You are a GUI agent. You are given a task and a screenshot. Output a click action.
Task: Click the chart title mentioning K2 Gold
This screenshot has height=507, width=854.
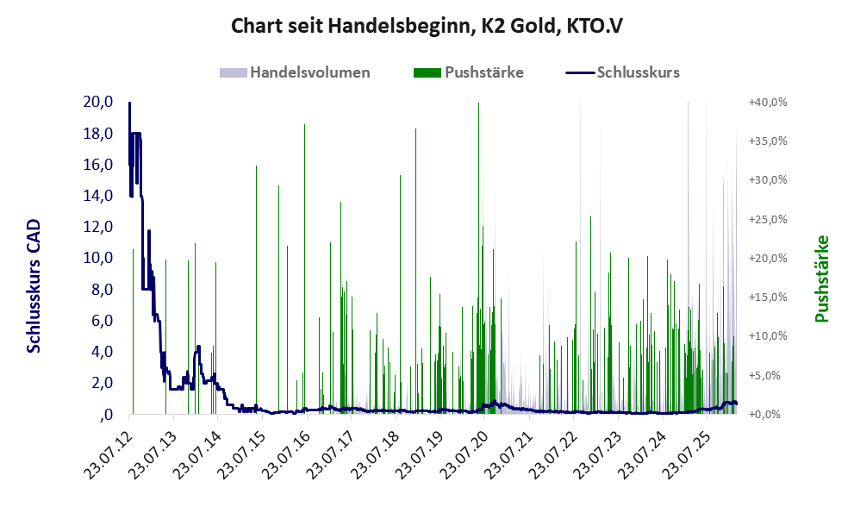[x=427, y=26]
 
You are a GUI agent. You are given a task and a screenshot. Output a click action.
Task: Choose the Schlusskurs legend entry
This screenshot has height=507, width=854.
[x=638, y=72]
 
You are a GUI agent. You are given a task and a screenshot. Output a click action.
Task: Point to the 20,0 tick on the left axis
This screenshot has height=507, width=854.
[x=98, y=102]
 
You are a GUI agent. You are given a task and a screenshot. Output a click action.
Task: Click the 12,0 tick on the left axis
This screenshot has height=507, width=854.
[x=98, y=227]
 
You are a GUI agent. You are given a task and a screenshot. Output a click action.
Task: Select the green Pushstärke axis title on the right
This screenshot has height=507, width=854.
[x=820, y=279]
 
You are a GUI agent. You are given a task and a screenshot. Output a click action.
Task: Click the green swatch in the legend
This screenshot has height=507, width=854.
[x=427, y=72]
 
